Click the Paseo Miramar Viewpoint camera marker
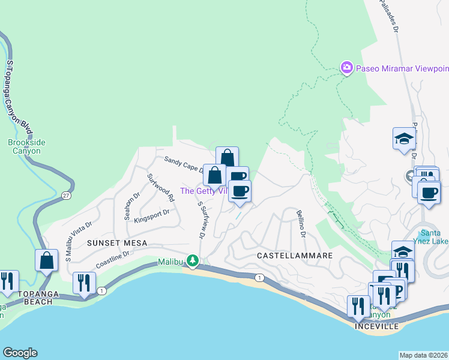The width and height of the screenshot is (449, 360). (x=346, y=68)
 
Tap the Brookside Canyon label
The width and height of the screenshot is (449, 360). (x=26, y=146)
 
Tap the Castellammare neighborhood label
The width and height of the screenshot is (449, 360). (x=294, y=256)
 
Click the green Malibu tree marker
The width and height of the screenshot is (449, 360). (x=193, y=261)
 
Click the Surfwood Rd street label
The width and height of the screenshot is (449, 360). (x=161, y=187)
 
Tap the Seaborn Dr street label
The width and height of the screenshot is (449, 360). (x=128, y=206)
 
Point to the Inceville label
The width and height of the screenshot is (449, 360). (x=376, y=326)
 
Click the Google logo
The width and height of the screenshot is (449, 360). (x=20, y=353)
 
